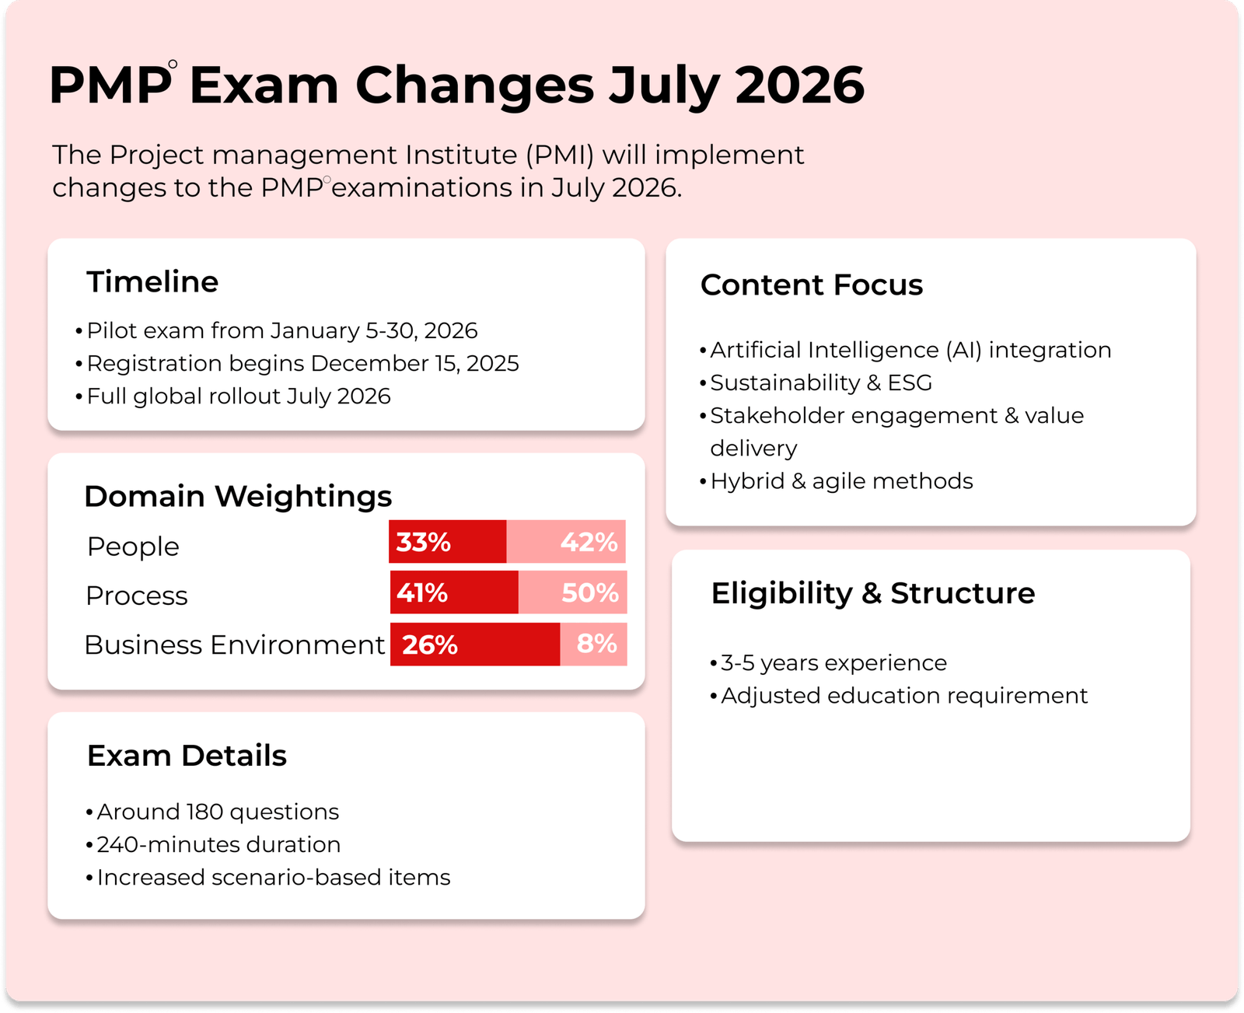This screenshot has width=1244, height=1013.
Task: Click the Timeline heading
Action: (152, 281)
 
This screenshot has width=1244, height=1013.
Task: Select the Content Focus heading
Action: (811, 285)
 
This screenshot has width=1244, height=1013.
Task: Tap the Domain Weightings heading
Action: (238, 496)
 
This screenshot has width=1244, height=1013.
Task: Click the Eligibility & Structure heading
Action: (873, 593)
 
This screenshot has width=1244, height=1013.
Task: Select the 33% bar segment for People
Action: (447, 541)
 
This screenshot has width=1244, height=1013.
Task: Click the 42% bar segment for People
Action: (566, 541)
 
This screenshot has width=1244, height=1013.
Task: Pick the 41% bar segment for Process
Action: (454, 592)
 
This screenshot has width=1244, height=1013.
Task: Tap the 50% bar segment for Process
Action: (572, 592)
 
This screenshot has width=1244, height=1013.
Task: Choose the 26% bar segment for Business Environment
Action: (475, 644)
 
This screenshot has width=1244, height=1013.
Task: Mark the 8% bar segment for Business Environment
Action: (593, 644)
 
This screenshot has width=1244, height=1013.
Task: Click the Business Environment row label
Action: (234, 644)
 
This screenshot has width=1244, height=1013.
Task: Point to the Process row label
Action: (137, 596)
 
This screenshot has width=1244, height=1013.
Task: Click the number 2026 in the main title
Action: (799, 85)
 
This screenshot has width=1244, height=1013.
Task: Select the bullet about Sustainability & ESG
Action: (816, 382)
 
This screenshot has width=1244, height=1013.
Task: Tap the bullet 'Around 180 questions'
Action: (212, 812)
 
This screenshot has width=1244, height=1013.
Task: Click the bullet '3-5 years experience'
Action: (828, 662)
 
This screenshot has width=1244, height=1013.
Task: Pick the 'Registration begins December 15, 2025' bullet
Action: (297, 363)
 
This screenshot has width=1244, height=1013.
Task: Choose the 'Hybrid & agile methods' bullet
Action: (837, 481)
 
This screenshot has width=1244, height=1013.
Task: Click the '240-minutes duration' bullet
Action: (212, 844)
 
